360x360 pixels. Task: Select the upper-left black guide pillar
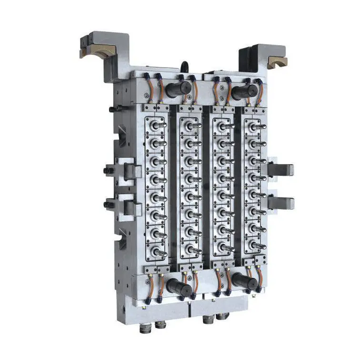pyautogui.click(x=175, y=89)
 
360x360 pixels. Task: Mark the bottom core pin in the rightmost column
pyautogui.click(x=257, y=246)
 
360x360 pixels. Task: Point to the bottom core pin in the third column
pyautogui.click(x=225, y=248)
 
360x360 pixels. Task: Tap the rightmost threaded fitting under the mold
pyautogui.click(x=220, y=318)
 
